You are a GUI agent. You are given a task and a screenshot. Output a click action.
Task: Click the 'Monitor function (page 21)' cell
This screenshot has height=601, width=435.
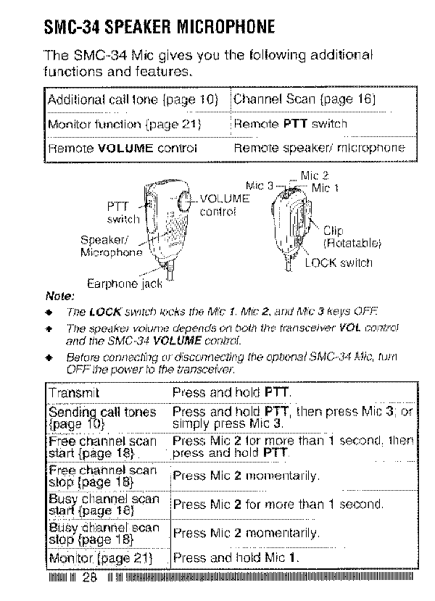click(123, 124)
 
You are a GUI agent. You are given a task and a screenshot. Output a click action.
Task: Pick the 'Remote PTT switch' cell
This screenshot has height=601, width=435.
click(291, 124)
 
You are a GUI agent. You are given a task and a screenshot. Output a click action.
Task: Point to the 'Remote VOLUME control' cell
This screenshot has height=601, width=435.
click(122, 148)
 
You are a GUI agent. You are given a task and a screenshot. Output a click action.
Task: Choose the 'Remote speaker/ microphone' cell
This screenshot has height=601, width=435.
click(319, 148)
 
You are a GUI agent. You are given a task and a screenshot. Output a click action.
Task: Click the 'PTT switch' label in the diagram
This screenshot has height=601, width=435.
click(123, 212)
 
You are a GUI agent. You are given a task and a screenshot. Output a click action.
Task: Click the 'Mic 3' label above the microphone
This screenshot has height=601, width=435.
click(259, 185)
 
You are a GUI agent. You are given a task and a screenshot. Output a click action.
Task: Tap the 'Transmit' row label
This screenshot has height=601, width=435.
click(74, 392)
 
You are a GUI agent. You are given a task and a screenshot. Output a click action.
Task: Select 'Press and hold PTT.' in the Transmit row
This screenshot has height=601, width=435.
click(231, 392)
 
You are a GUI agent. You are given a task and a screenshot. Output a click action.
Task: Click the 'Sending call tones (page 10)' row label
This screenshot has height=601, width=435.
click(101, 417)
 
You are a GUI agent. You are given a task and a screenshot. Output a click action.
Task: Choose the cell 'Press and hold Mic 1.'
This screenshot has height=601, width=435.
click(236, 558)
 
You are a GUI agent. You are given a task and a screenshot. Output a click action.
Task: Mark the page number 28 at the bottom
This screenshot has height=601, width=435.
click(89, 578)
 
